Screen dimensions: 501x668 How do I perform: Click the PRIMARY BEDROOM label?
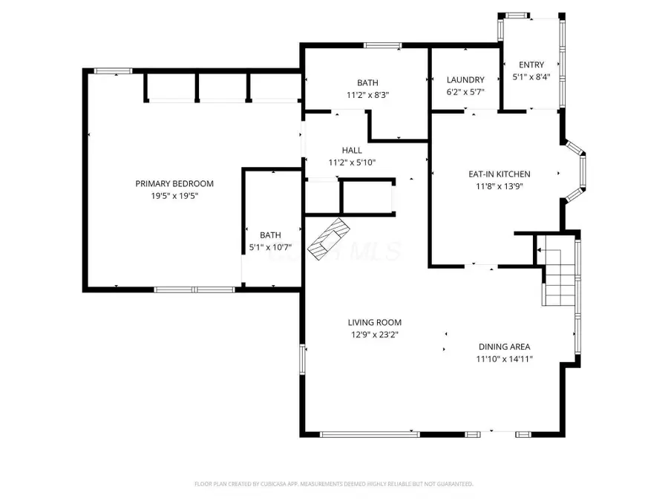tap(174, 183)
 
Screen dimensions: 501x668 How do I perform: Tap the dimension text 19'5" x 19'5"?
tap(174, 196)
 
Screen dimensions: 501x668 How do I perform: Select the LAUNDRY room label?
tap(465, 80)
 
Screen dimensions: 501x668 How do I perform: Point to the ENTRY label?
tap(531, 65)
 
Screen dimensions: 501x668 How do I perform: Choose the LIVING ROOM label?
tap(375, 322)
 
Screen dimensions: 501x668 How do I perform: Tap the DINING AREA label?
tap(504, 347)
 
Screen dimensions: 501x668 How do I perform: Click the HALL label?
tap(352, 150)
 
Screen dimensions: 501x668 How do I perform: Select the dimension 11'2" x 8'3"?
tap(367, 95)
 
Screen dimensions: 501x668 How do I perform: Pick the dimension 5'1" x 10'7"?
tap(270, 248)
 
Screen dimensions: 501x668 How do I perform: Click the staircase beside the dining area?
tap(558, 279)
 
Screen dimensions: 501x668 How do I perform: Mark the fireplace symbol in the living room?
tap(328, 240)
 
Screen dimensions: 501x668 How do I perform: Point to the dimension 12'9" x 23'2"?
tap(375, 335)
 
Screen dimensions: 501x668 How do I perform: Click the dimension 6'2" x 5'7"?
tap(465, 93)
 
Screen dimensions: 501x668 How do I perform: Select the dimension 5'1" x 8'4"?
tap(531, 77)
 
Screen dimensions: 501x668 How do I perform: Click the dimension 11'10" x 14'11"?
tap(504, 359)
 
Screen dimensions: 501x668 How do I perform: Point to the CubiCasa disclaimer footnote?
tap(333, 484)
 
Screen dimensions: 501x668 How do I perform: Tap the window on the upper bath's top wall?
tap(382, 46)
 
